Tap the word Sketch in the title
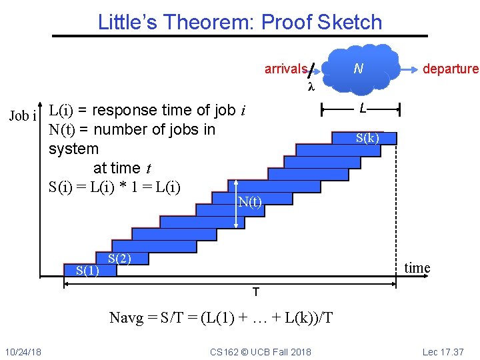coord(349,22)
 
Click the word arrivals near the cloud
coord(285,69)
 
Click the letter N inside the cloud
coord(358,68)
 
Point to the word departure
coord(451,69)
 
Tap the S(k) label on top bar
coord(367,138)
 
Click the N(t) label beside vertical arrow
coord(250,203)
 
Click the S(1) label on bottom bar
coord(88,270)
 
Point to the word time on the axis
coord(417,268)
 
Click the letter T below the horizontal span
coord(255,292)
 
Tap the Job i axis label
coord(22,116)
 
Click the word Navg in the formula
coord(127,318)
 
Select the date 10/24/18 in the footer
coord(23,352)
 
